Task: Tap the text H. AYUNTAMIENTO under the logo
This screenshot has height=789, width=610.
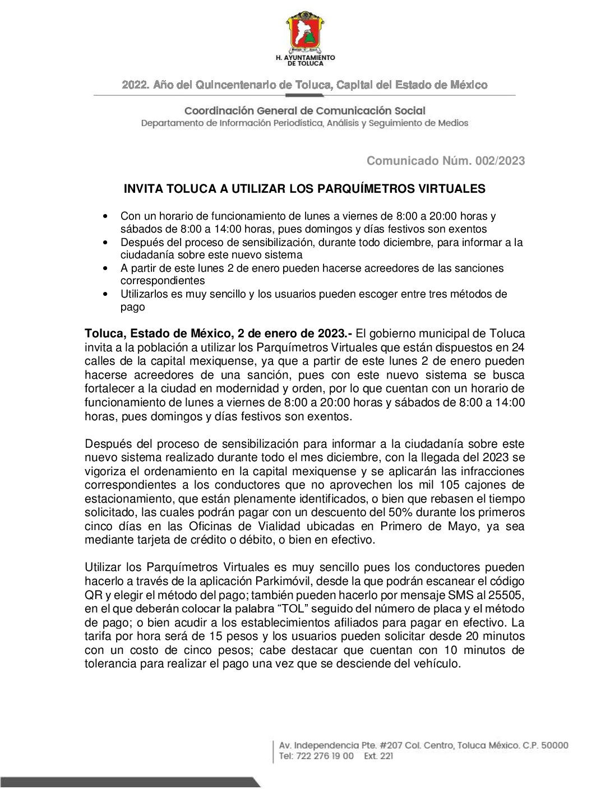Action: [x=305, y=57]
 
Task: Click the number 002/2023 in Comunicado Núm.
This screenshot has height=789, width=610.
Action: [x=500, y=161]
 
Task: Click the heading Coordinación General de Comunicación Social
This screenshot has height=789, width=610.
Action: [x=305, y=111]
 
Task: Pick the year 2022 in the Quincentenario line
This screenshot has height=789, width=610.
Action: [x=135, y=85]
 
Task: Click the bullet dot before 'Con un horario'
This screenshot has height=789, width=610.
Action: [x=105, y=216]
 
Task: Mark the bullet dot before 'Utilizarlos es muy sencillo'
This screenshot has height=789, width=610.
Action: [x=105, y=294]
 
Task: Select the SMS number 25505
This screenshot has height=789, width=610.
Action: [x=506, y=595]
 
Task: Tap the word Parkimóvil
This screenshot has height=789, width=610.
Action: [x=283, y=581]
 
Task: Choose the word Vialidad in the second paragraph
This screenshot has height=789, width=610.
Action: [x=279, y=526]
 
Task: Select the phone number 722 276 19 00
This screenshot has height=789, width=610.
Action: [x=324, y=756]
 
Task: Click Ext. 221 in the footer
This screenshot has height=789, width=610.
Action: [x=378, y=756]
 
